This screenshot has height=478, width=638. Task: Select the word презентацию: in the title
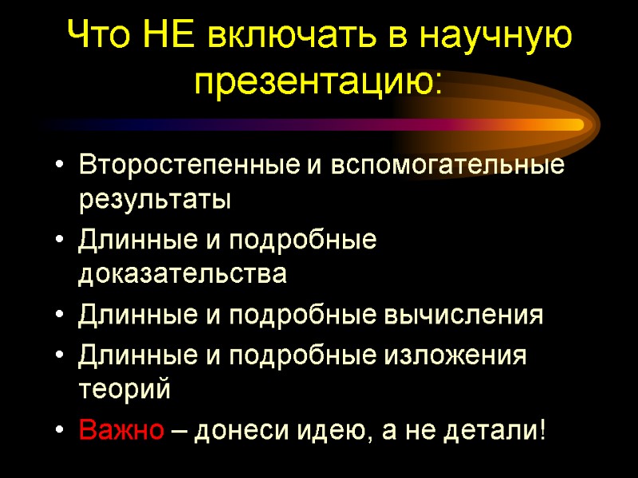(319, 80)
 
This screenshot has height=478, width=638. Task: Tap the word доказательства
(183, 275)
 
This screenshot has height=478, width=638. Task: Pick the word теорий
(124, 390)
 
